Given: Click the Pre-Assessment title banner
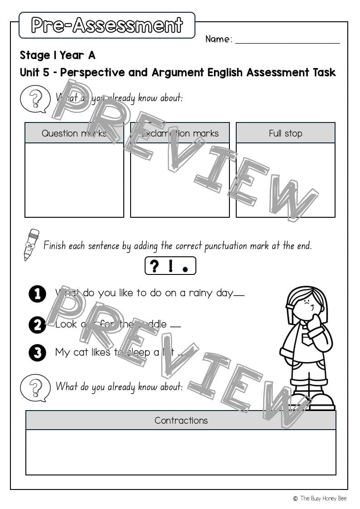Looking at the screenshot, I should tap(107, 25).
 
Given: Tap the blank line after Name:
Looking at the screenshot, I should tap(287, 40).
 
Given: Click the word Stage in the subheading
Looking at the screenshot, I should tap(35, 55).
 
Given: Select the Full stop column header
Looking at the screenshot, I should tap(285, 133).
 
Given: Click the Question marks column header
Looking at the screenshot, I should tap(74, 133).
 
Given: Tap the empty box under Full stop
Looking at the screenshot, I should tap(285, 180).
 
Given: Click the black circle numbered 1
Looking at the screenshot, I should tap(37, 294).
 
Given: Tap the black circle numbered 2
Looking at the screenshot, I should tap(37, 325).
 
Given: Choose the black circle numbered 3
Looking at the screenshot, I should tap(37, 353).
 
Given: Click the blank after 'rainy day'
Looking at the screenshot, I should tap(239, 295).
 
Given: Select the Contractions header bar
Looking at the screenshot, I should tap(180, 420).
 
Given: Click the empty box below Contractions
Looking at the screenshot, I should tap(180, 452).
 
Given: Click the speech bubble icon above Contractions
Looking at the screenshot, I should tap(35, 388).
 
